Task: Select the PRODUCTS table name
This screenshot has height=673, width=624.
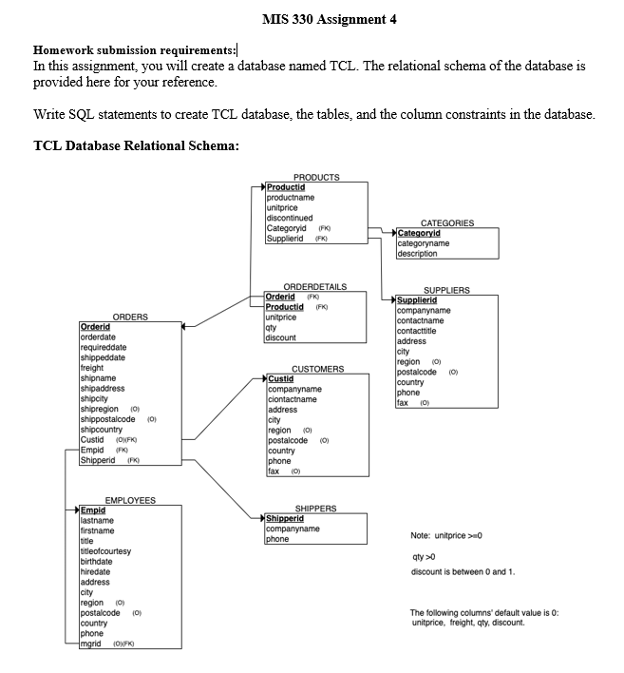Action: tap(316, 178)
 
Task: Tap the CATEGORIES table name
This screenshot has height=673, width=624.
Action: tap(446, 223)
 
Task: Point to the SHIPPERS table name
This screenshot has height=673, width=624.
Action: tap(316, 509)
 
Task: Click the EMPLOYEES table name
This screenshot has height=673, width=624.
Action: tap(130, 500)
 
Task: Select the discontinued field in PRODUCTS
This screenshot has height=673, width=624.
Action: tap(290, 218)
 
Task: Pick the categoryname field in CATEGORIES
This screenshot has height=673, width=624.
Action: tap(424, 243)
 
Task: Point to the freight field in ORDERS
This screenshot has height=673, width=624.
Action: tap(92, 368)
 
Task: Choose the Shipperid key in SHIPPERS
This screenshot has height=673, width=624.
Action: tap(285, 518)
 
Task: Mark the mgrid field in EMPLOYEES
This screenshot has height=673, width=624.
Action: tap(91, 644)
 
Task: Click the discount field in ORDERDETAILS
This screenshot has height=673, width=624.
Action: tap(280, 337)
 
